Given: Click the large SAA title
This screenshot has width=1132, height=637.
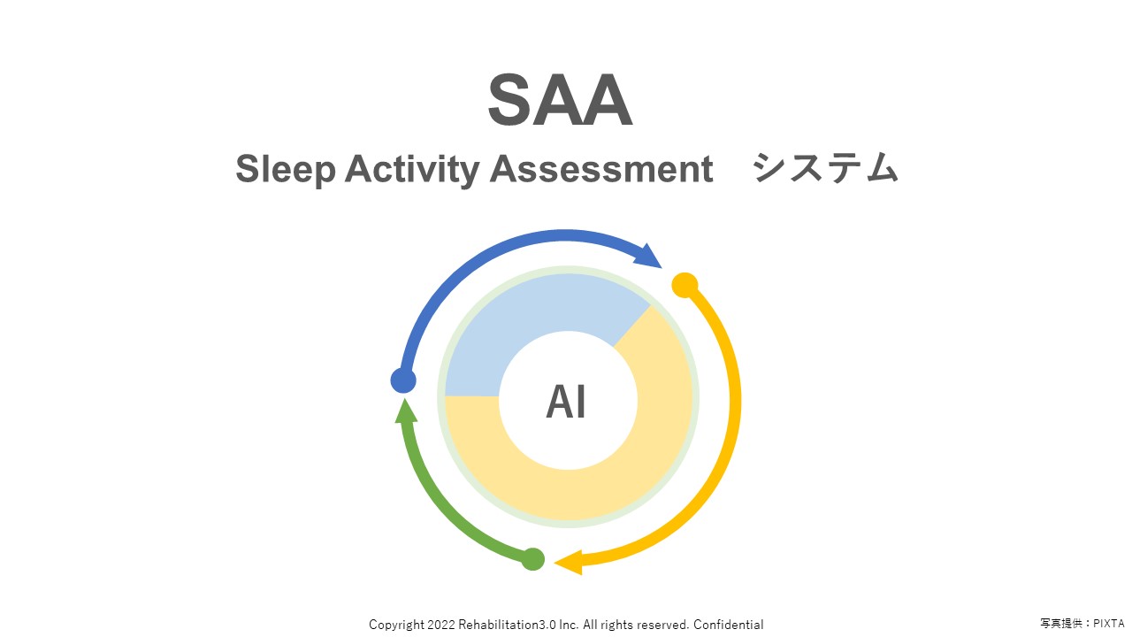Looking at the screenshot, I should coord(560,101).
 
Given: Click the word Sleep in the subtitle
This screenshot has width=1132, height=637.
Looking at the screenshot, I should coord(286,168).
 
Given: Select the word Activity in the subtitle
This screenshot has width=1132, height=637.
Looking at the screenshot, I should coord(411,168).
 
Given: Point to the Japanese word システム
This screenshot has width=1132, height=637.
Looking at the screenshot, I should coord(825,168).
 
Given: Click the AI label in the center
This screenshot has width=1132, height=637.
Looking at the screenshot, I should coord(566,403).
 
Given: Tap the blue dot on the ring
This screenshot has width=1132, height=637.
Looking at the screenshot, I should coord(403,380).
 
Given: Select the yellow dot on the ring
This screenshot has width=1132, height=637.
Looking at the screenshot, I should coord(685,285).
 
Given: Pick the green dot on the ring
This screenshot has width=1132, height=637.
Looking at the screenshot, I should coord(532,559).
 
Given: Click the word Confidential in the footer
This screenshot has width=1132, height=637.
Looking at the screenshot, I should coord(728,625).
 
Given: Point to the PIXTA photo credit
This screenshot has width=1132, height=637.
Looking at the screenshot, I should coord(1106,625).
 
